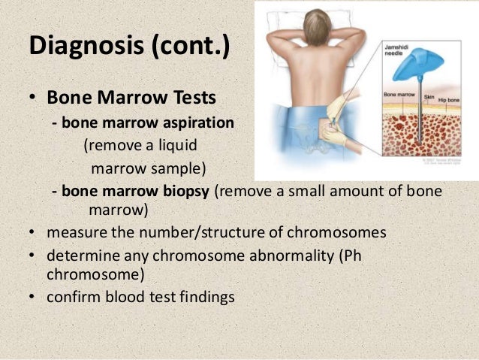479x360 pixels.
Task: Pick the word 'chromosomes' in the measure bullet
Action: click(342, 231)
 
